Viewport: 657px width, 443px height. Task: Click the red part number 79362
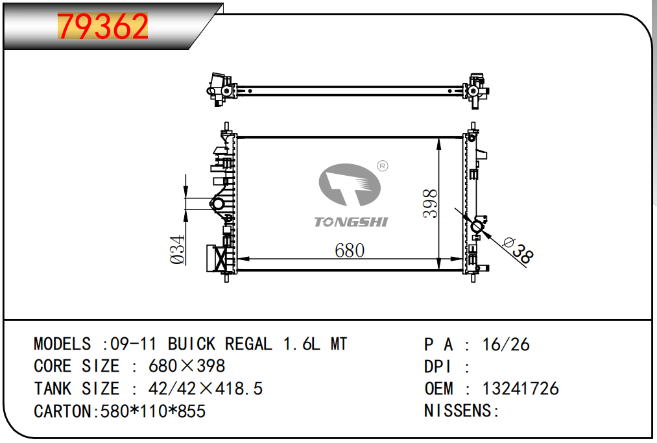click(x=104, y=26)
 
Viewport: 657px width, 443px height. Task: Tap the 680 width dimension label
click(x=350, y=250)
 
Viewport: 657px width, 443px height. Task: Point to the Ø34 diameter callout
click(x=178, y=249)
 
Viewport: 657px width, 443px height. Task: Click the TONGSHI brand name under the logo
click(x=351, y=222)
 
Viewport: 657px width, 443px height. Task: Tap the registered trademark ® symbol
click(x=382, y=167)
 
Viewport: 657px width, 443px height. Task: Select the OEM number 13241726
click(x=520, y=389)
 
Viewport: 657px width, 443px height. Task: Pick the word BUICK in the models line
click(x=192, y=344)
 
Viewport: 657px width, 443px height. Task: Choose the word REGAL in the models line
click(x=248, y=344)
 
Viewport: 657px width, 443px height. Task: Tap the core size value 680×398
click(x=187, y=366)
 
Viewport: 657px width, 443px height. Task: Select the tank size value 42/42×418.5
click(x=206, y=389)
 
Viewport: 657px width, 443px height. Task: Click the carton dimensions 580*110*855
click(x=153, y=411)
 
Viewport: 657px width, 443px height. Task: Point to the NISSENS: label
click(x=461, y=411)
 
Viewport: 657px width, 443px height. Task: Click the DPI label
click(x=438, y=366)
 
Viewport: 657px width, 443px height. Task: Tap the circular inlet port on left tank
click(x=218, y=204)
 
